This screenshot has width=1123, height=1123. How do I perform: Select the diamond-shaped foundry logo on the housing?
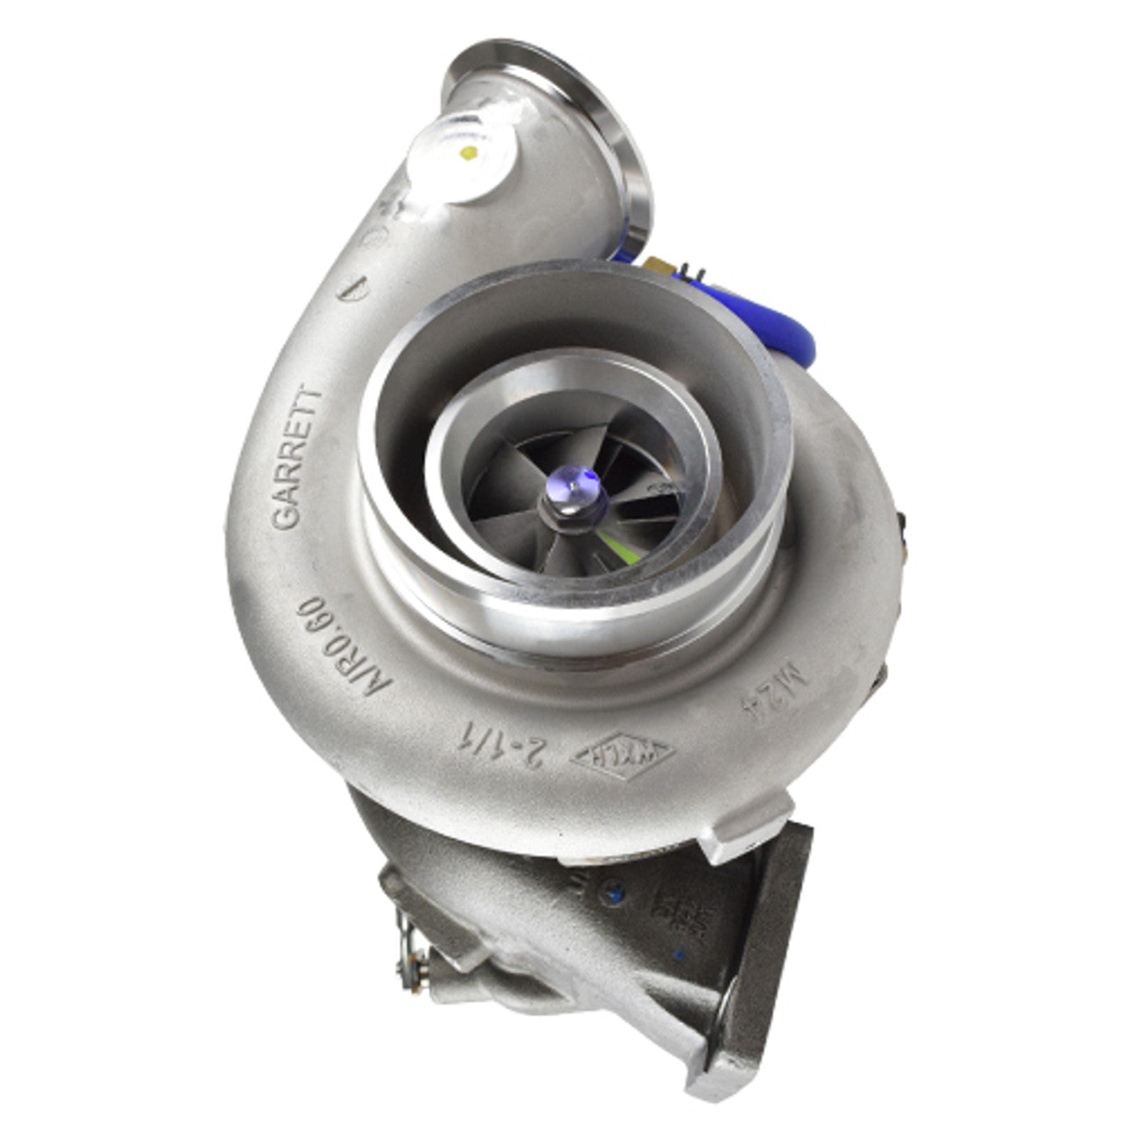(x=624, y=754)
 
